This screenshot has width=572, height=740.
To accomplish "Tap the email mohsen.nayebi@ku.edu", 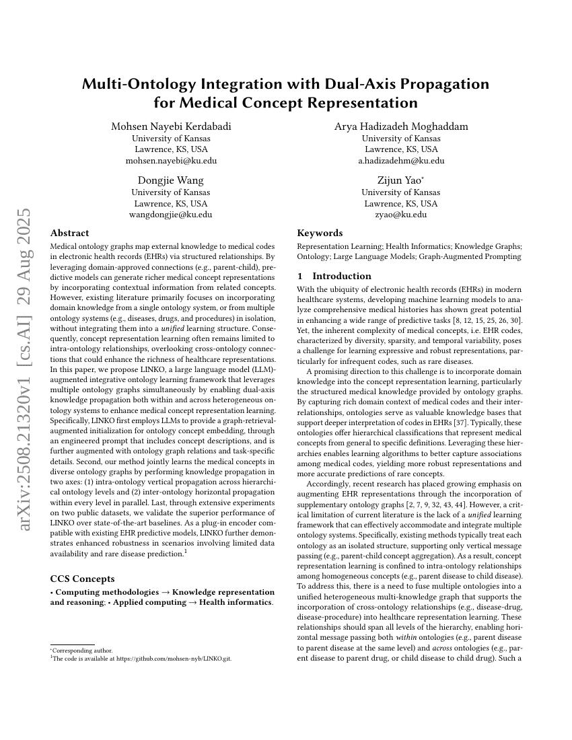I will (x=171, y=161).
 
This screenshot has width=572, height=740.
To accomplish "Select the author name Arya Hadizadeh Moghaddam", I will (x=401, y=126).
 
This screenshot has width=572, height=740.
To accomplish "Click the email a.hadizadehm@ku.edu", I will (x=401, y=161).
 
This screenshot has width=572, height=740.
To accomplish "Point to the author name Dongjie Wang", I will (x=171, y=180).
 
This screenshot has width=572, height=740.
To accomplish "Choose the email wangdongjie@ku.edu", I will (x=171, y=215).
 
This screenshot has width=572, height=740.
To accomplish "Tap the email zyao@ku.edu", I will (x=401, y=215).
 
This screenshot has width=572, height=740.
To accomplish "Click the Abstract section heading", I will (x=69, y=233).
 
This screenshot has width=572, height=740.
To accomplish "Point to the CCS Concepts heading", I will (x=82, y=578).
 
